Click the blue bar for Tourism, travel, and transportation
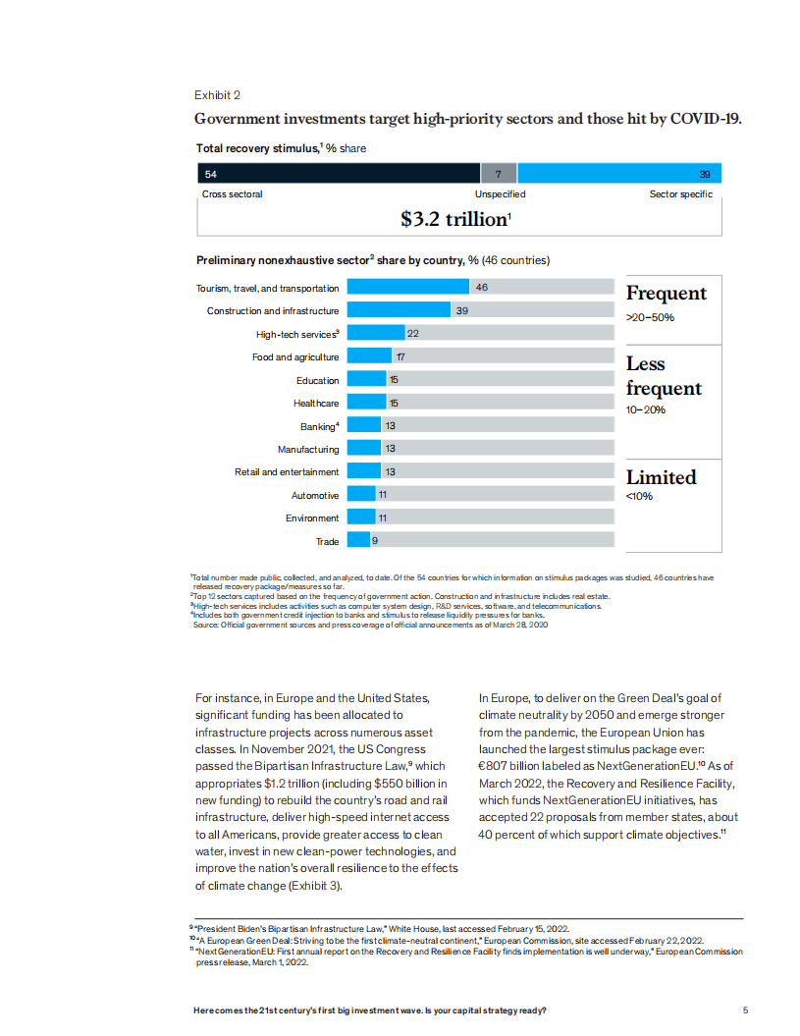(x=408, y=288)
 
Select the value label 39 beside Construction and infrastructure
(x=461, y=310)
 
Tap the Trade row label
(x=327, y=541)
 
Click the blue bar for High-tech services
(x=377, y=334)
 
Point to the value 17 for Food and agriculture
(x=401, y=356)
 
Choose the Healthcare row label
(x=316, y=403)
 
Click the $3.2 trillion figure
(x=455, y=220)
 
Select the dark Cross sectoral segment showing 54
(x=339, y=174)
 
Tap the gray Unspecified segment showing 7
(x=499, y=174)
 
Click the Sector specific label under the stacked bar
(x=681, y=194)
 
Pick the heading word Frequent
(x=667, y=294)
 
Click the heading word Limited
(x=662, y=478)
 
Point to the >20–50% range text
(x=650, y=317)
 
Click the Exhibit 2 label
(x=217, y=95)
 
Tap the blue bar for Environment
(x=362, y=518)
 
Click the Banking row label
(x=319, y=426)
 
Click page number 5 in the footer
(x=746, y=1010)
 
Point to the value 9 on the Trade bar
(x=375, y=541)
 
